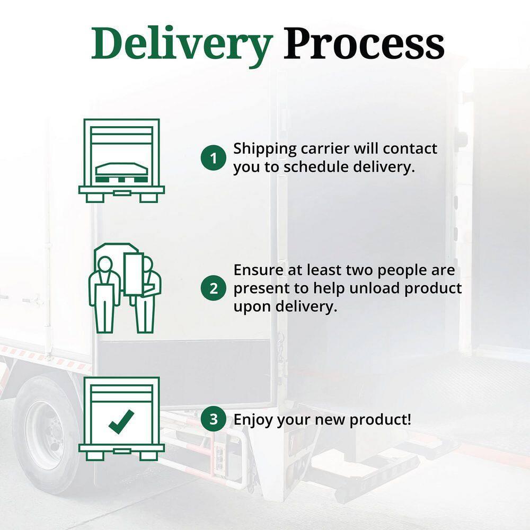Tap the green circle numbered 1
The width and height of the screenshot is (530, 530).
214,158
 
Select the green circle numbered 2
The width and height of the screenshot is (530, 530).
214,288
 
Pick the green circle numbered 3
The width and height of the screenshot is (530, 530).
214,420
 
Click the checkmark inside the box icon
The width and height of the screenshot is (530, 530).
121,421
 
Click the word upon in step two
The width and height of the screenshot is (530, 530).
252,307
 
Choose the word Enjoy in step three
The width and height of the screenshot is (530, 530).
253,420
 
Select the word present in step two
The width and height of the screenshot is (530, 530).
258,289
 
